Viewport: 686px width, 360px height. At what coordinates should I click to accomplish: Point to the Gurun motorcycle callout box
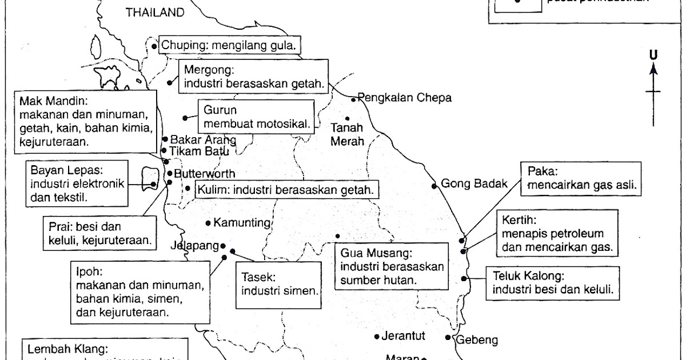pyautogui.click(x=256, y=116)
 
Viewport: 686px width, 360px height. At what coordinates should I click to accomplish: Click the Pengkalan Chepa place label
pyautogui.click(x=405, y=98)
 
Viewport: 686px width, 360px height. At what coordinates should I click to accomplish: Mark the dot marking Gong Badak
pyautogui.click(x=434, y=185)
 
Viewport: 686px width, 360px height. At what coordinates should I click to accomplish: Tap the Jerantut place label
pyautogui.click(x=404, y=336)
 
